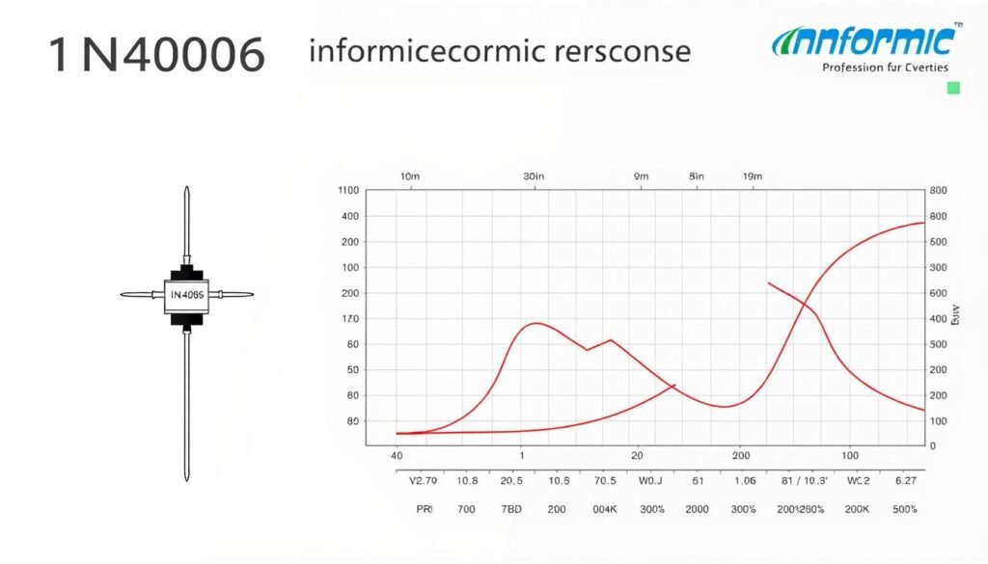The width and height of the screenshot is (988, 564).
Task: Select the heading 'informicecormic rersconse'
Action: click(x=499, y=51)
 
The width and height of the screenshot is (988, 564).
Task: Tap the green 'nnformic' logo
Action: click(x=864, y=41)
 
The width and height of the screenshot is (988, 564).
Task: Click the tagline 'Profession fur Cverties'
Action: click(x=884, y=67)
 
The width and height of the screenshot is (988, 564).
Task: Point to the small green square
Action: click(x=953, y=89)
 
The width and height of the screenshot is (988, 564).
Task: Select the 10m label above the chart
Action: click(x=409, y=176)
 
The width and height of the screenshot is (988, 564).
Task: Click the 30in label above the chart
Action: click(x=534, y=176)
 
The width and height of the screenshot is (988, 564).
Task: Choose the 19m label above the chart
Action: click(x=752, y=176)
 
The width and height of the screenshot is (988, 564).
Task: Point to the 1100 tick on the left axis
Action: click(x=348, y=191)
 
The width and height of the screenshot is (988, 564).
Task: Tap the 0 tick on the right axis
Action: click(x=932, y=446)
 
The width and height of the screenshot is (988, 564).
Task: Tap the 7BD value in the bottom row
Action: click(x=512, y=508)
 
